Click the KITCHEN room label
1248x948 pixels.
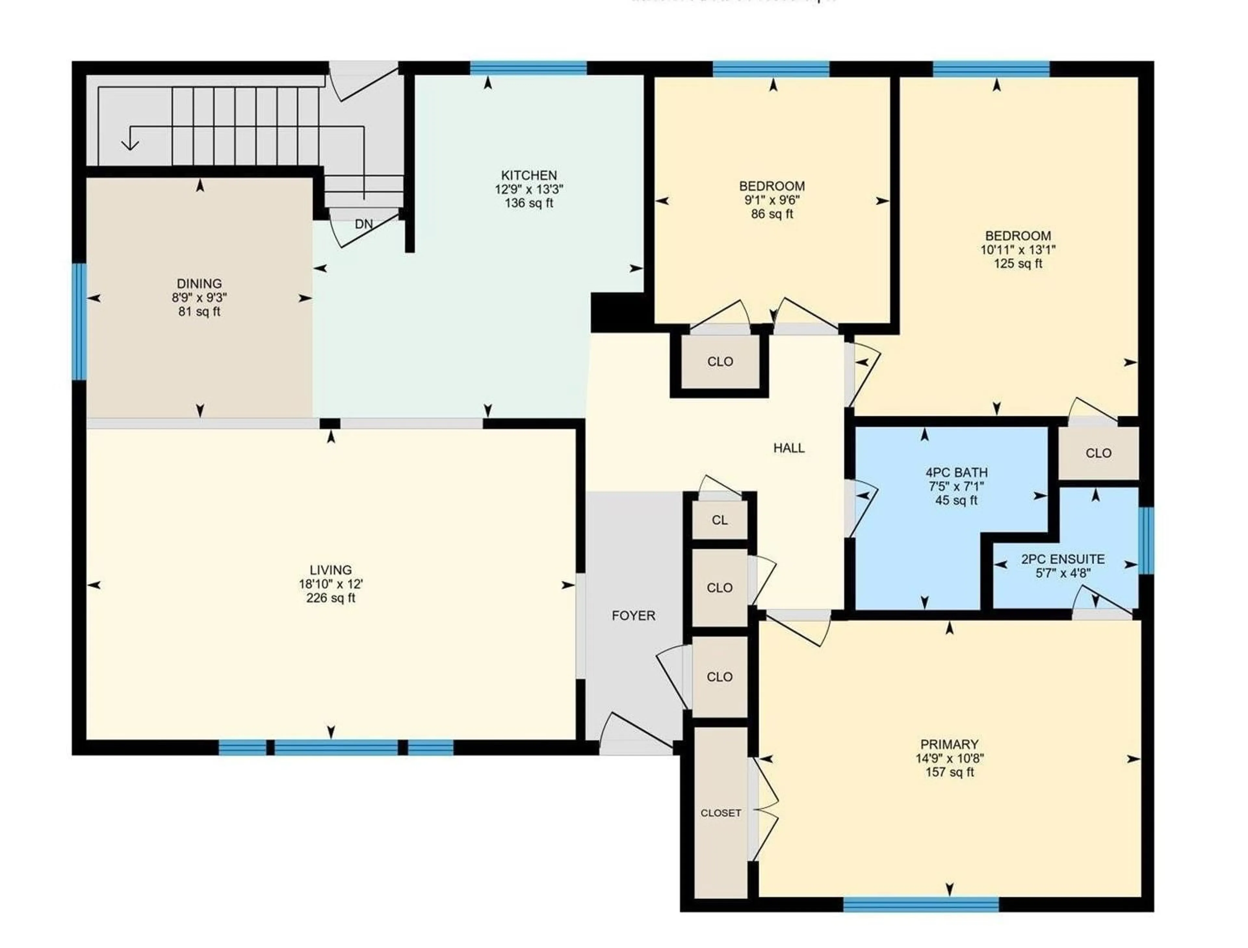tap(529, 175)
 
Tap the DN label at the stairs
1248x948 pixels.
tap(364, 224)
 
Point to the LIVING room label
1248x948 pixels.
tap(331, 570)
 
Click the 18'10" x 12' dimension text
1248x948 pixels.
tap(331, 584)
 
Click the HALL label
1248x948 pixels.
tap(789, 448)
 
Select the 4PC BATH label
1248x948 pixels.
tap(956, 472)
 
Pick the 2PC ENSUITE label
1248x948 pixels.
tap(1063, 559)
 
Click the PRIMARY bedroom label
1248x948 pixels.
tap(950, 744)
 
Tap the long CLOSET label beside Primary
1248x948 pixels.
tap(721, 813)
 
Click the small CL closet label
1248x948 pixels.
tap(719, 520)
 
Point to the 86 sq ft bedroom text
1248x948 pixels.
tap(772, 214)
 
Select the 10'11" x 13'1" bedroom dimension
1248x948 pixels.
tap(1018, 249)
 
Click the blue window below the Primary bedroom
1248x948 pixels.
tap(921, 905)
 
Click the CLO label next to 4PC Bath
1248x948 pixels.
tap(1098, 453)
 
